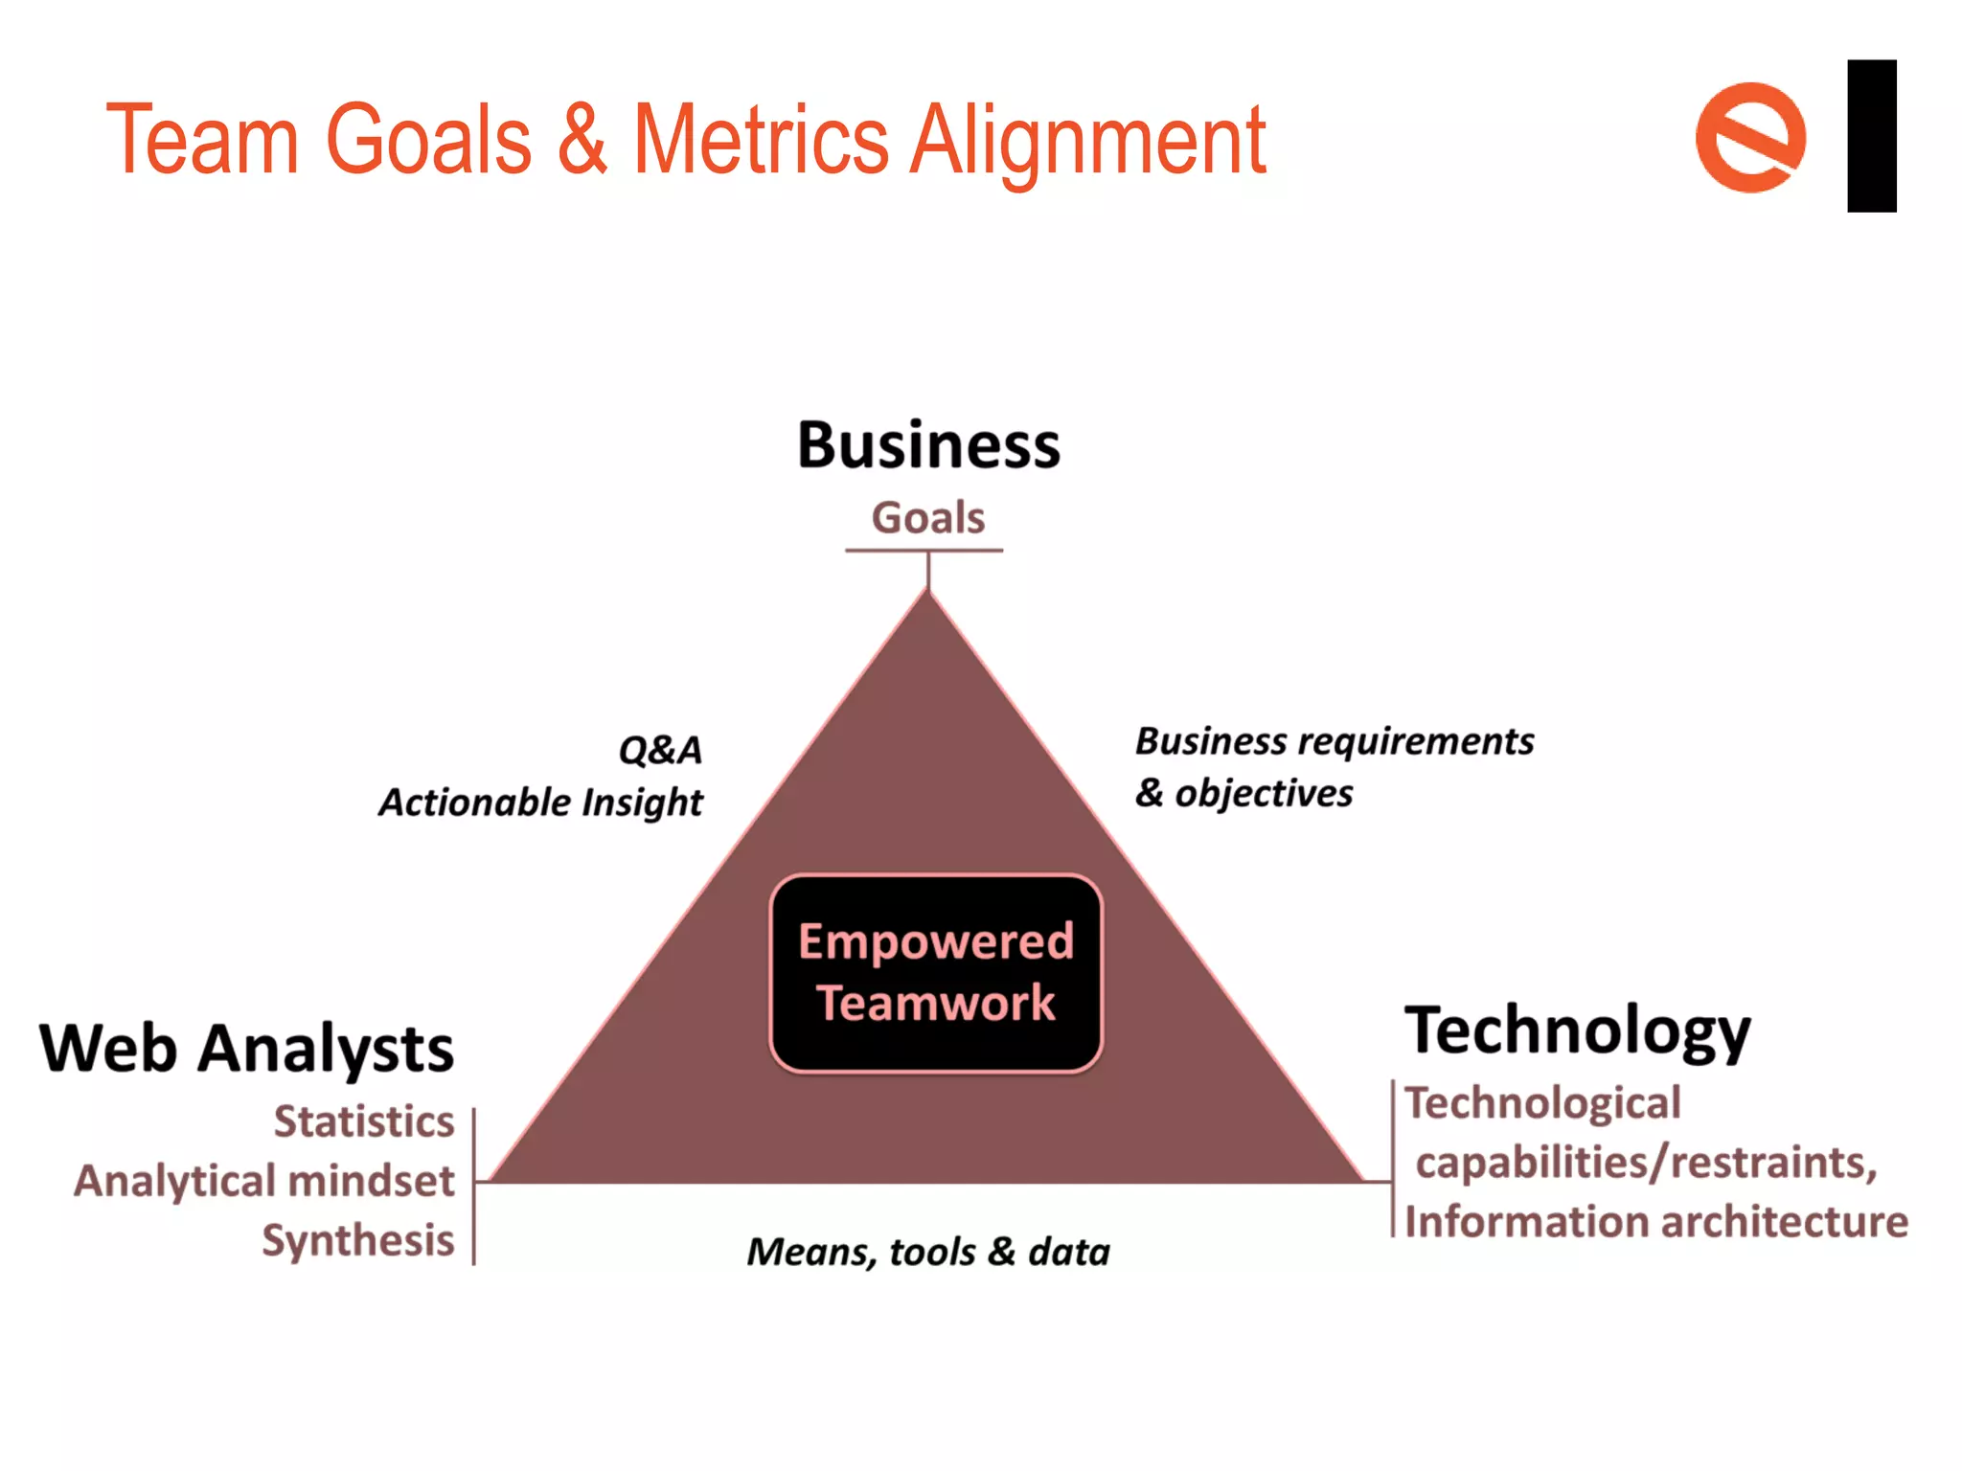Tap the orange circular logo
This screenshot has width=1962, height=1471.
(1750, 138)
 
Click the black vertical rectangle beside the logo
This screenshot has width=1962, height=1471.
(1871, 136)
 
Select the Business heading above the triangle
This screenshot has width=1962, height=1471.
(928, 445)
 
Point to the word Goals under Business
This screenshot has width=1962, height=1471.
(927, 518)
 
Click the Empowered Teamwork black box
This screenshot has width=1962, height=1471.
(936, 973)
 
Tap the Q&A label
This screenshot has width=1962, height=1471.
(660, 750)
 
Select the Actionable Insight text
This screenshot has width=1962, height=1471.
(541, 803)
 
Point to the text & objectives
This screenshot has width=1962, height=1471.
(1244, 794)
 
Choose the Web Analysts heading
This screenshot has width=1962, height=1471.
(246, 1049)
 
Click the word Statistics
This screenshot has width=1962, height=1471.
(364, 1121)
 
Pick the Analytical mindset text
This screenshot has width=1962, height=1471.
(264, 1181)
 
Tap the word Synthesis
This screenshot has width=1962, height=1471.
(358, 1240)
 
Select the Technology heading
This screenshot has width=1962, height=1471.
(1577, 1031)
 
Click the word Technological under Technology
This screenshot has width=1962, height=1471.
(1542, 1103)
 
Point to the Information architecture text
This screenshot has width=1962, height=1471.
(1656, 1222)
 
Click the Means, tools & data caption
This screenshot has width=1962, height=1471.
(928, 1252)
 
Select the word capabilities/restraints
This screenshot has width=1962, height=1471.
(1646, 1163)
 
